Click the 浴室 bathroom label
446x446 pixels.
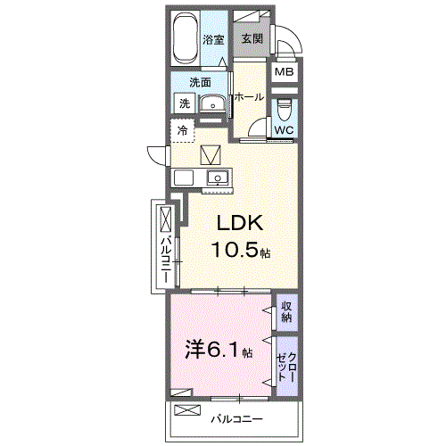click(212, 39)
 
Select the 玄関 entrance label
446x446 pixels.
click(251, 39)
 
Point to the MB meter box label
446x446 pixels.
click(285, 73)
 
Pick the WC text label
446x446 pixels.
click(284, 130)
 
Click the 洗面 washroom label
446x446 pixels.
click(200, 82)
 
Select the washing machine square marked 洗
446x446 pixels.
click(184, 103)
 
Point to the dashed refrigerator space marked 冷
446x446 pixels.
click(182, 130)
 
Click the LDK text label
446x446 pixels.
click(235, 224)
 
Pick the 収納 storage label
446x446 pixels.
click(286, 313)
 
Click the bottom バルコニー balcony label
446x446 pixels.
click(235, 417)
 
